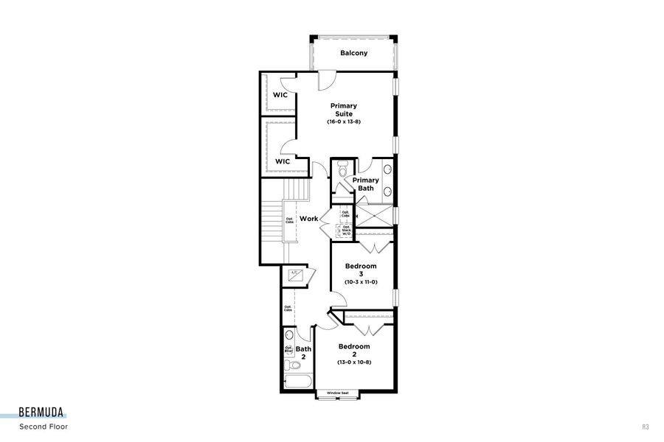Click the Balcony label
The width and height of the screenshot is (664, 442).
click(x=353, y=53)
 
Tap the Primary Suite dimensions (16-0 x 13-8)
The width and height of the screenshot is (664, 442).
click(x=344, y=122)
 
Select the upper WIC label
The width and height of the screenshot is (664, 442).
click(x=280, y=95)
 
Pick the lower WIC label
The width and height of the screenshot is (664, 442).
click(x=283, y=161)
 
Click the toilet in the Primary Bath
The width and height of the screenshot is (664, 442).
click(x=341, y=171)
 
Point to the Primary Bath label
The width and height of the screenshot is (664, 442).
click(x=366, y=184)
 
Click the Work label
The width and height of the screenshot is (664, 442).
click(x=308, y=219)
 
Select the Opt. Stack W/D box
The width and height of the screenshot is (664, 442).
click(x=346, y=230)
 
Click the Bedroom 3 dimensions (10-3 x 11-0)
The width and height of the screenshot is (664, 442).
click(x=360, y=282)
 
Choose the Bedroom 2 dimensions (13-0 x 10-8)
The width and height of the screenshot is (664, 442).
click(x=354, y=362)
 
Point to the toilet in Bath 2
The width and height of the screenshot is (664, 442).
click(x=293, y=365)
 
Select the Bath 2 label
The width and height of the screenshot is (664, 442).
click(x=304, y=353)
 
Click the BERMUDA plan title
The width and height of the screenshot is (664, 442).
click(x=41, y=412)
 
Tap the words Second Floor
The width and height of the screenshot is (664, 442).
click(x=44, y=427)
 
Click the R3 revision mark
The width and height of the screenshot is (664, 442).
click(x=646, y=427)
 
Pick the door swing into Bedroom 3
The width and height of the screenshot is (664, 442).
click(x=338, y=300)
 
